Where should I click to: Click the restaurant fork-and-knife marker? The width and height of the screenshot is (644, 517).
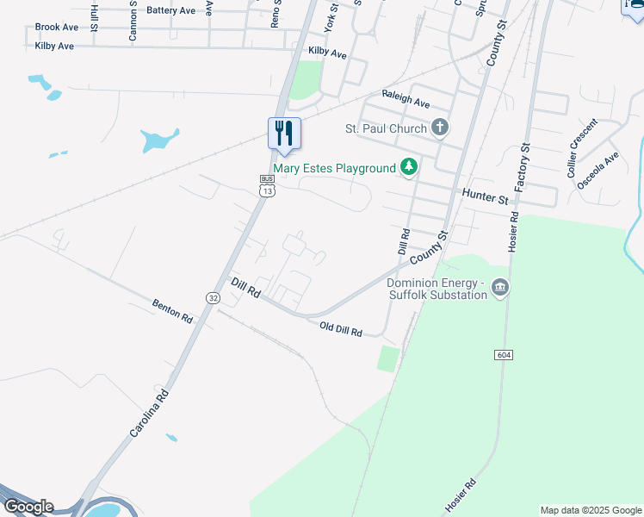[284, 134]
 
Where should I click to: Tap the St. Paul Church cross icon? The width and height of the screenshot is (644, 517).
[440, 128]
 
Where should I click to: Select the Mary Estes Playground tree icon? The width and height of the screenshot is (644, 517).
[409, 168]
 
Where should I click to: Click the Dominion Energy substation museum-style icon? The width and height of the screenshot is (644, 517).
[500, 289]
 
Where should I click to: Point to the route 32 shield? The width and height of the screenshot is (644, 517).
[212, 297]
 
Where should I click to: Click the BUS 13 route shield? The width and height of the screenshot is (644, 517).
[267, 186]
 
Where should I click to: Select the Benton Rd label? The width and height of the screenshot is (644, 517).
[172, 310]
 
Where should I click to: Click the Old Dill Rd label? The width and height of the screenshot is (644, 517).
[341, 329]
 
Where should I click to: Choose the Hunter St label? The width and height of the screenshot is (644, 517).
[485, 197]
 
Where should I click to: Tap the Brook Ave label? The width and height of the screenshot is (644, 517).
[57, 28]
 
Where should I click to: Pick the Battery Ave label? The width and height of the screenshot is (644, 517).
[170, 10]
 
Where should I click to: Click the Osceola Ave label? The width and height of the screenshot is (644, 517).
[598, 170]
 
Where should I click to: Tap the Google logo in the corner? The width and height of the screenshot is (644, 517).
[28, 507]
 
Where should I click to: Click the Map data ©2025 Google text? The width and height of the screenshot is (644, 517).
[591, 510]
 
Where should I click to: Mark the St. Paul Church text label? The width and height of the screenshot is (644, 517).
[386, 128]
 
